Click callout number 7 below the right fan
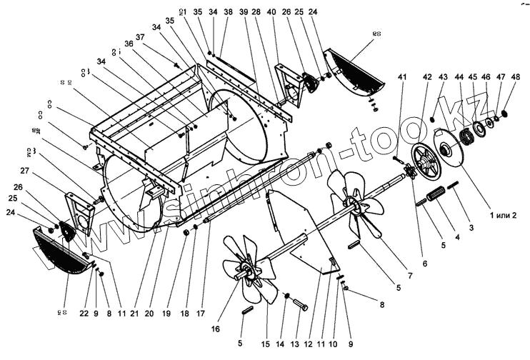click(409, 275)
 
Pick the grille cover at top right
click(355, 69)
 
